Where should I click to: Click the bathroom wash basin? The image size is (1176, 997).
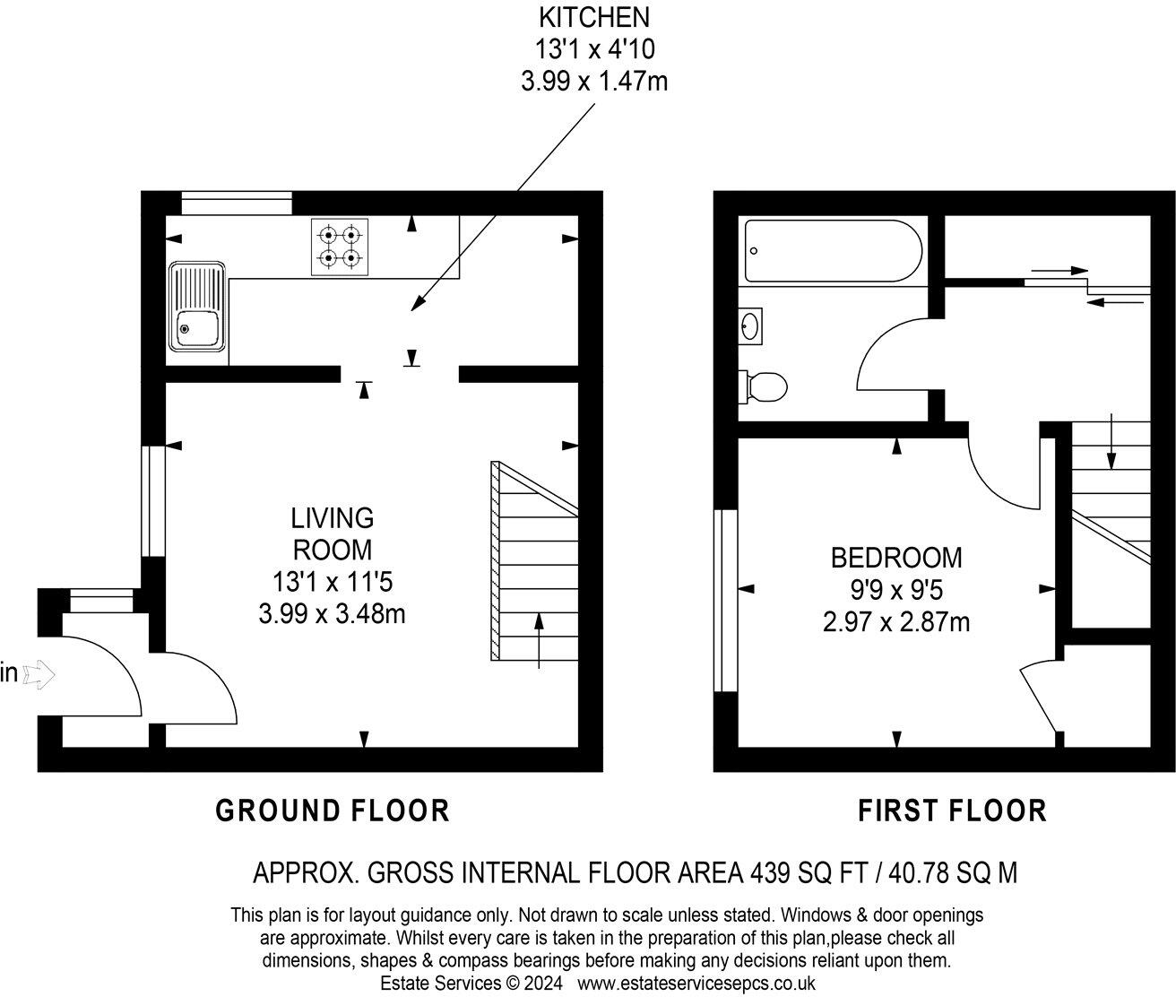pyautogui.click(x=751, y=325)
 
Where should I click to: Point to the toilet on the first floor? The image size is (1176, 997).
pyautogui.click(x=763, y=387)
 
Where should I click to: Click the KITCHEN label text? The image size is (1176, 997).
pyautogui.click(x=593, y=16)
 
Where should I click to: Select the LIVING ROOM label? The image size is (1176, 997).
pyautogui.click(x=332, y=533)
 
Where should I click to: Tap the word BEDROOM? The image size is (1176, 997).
pyautogui.click(x=895, y=558)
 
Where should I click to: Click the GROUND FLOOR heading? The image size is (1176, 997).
pyautogui.click(x=333, y=811)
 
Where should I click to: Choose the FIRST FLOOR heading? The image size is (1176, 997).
pyautogui.click(x=952, y=811)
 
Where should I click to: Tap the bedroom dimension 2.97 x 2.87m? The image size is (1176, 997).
pyautogui.click(x=895, y=621)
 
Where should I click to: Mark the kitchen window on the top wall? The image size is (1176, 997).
pyautogui.click(x=237, y=204)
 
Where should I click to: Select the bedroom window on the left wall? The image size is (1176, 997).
pyautogui.click(x=723, y=601)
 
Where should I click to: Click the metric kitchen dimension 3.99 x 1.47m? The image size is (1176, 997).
pyautogui.click(x=593, y=82)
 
